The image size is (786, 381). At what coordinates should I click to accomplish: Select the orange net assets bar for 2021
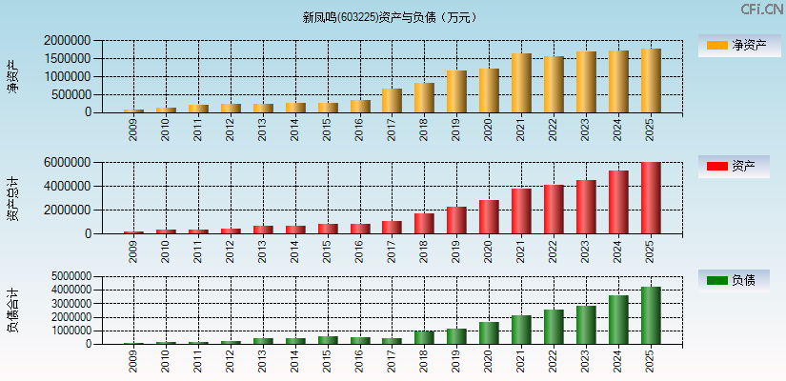pyautogui.click(x=521, y=83)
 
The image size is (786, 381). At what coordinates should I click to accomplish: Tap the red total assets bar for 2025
pyautogui.click(x=651, y=198)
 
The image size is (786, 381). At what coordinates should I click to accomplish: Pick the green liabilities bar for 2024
pyautogui.click(x=618, y=320)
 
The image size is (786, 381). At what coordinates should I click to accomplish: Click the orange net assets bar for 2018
pyautogui.click(x=424, y=98)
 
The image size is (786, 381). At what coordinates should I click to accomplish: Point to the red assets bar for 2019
pyautogui.click(x=456, y=220)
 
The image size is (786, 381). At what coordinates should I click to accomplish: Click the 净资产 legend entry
pyautogui.click(x=734, y=45)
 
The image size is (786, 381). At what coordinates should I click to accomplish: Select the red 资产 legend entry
pyautogui.click(x=734, y=167)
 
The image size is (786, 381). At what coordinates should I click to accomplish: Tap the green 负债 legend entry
pyautogui.click(x=734, y=280)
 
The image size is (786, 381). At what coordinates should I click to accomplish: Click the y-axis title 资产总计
pyautogui.click(x=13, y=198)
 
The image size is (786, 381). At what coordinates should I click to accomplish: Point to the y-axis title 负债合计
pyautogui.click(x=13, y=311)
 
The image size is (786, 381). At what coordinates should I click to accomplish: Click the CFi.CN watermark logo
pyautogui.click(x=761, y=10)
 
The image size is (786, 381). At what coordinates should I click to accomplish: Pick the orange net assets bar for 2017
pyautogui.click(x=392, y=101)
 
